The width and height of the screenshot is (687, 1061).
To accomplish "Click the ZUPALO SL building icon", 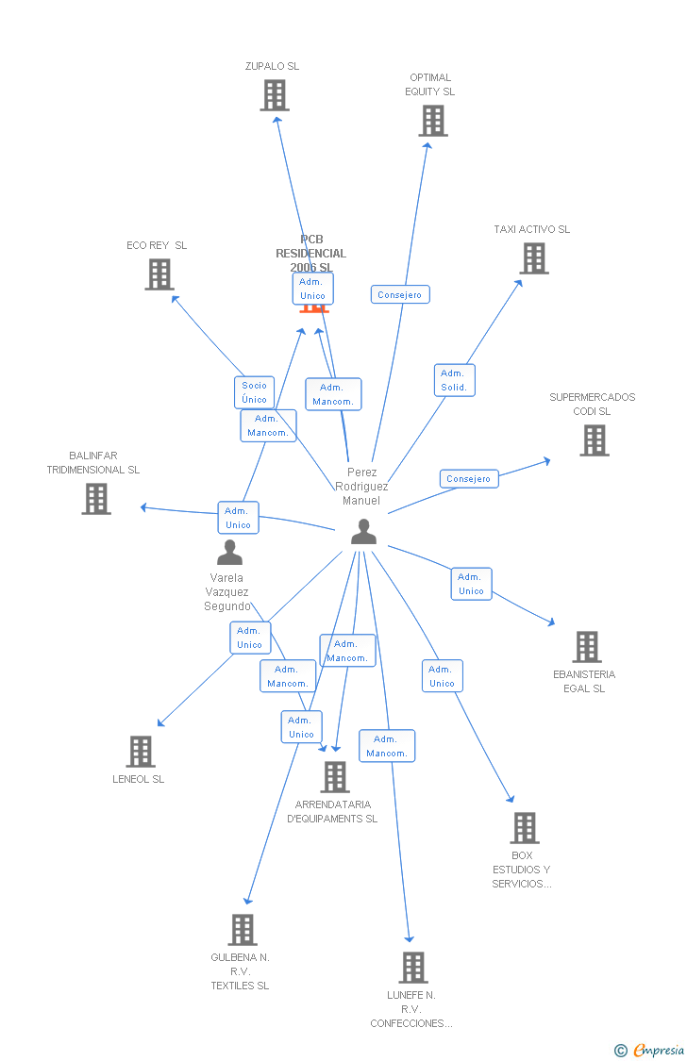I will click(x=275, y=95).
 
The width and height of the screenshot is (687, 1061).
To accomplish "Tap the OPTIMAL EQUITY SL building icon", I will click(x=433, y=121).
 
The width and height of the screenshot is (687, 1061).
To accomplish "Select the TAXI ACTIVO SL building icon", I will click(x=534, y=258).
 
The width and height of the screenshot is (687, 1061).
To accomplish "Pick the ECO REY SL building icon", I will click(x=159, y=274).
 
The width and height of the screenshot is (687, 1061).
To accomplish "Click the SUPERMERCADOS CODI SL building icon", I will click(x=595, y=440).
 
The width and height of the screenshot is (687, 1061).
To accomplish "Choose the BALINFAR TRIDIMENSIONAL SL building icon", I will click(x=96, y=499).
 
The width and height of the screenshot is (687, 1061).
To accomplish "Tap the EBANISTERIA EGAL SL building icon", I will click(x=587, y=647).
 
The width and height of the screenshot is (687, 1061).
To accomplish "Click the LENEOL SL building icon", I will click(x=141, y=752).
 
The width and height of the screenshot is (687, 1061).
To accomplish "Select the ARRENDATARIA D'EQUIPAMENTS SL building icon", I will click(x=335, y=777).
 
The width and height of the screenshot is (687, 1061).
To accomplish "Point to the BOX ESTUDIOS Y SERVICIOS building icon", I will click(x=525, y=828).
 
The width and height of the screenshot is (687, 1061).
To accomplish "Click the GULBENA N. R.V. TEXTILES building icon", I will click(x=243, y=930).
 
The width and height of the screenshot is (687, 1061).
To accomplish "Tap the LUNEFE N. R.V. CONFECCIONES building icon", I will click(x=413, y=968).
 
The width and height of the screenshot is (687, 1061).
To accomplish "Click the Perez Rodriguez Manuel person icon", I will click(x=363, y=532).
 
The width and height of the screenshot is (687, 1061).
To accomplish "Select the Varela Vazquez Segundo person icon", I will click(x=229, y=553).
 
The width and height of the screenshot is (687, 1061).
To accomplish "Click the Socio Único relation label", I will click(x=254, y=392).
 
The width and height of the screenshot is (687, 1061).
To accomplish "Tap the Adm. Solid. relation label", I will click(x=454, y=380).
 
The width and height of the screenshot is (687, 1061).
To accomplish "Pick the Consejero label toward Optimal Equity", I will click(x=399, y=295).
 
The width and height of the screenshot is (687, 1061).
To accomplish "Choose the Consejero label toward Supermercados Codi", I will click(x=469, y=479).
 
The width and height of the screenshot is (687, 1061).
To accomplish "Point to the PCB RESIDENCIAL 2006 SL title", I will click(x=310, y=253).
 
